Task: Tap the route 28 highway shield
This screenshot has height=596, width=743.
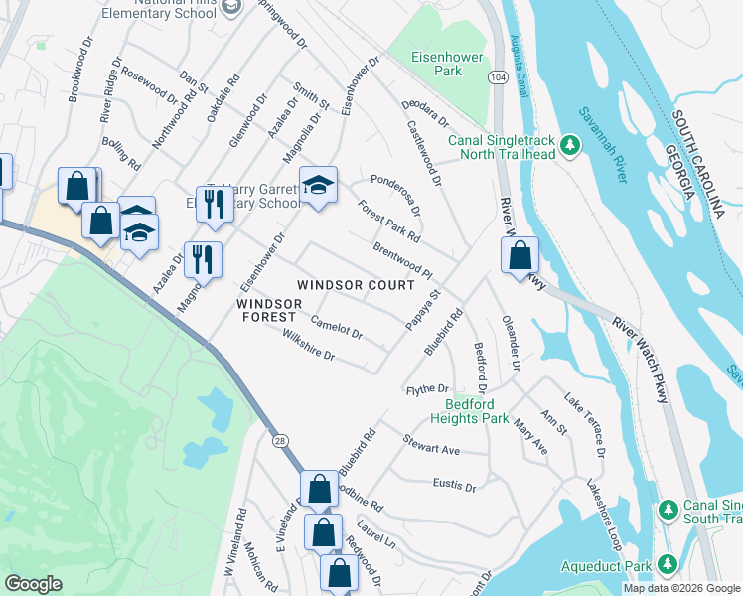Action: tap(281, 437)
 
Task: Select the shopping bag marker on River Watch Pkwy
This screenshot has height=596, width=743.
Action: tap(520, 256)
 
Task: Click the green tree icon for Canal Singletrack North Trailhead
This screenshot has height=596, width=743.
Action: tap(570, 146)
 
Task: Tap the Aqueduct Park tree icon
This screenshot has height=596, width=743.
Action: tap(668, 566)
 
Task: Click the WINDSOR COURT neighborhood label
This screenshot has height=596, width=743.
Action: tap(356, 285)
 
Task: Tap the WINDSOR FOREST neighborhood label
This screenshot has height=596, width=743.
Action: tap(268, 309)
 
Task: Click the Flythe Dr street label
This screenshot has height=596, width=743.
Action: tap(428, 389)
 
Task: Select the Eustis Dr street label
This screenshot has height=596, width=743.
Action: tap(454, 487)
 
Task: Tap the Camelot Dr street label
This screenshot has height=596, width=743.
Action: tap(336, 328)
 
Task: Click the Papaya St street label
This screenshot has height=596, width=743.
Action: tap(423, 309)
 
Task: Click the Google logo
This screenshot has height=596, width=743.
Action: tap(34, 584)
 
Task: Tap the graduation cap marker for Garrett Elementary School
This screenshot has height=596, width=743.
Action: tap(319, 185)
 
